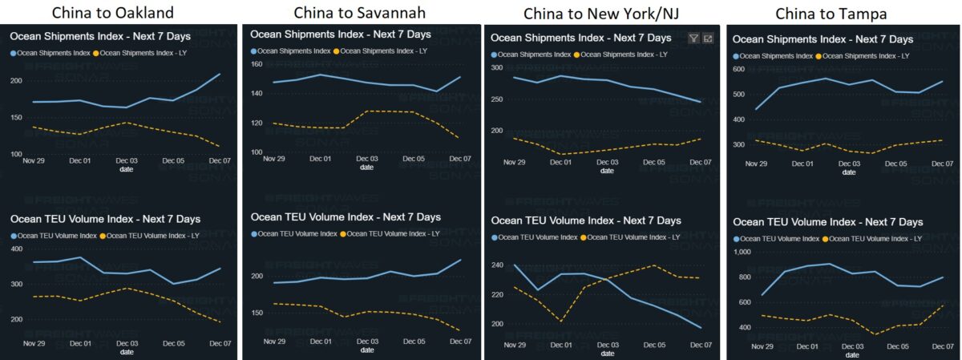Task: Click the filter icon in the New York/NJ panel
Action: point(693,38)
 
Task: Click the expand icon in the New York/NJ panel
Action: point(708,38)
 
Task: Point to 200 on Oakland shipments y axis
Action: point(16,81)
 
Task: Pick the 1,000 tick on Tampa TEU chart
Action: point(744,252)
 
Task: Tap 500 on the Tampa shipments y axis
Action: point(742,93)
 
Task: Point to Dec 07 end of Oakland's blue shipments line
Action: point(220,74)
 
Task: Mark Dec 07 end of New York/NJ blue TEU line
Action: point(701,327)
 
